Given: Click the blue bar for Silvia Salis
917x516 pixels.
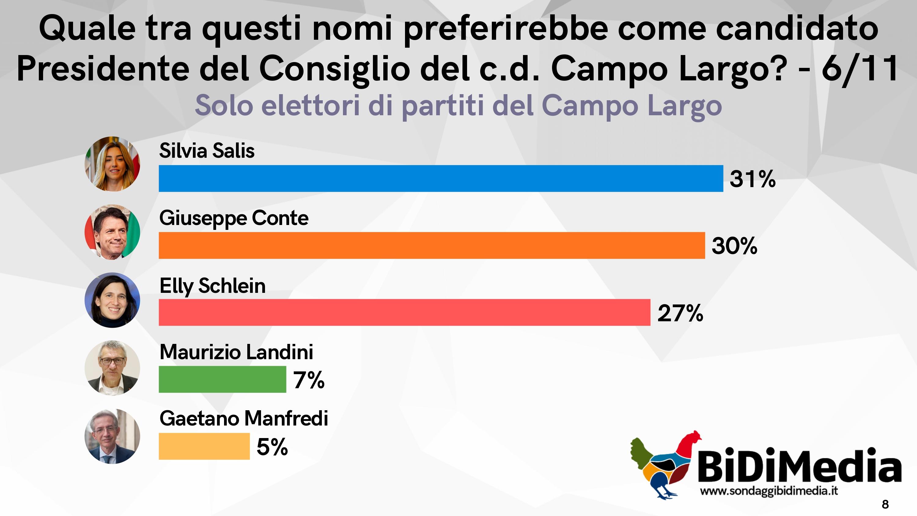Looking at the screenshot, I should tap(441, 179).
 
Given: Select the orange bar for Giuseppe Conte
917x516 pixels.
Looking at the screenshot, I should tap(431, 245).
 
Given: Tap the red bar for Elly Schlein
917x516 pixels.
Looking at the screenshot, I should tap(404, 312).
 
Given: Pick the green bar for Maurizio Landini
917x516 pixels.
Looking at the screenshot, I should tap(222, 379).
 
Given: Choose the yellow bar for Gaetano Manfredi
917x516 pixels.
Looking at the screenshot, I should tap(204, 446).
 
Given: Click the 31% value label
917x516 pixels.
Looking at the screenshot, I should tap(752, 179).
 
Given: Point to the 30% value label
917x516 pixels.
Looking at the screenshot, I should tap(734, 246).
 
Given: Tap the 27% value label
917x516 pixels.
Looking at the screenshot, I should tap(680, 313).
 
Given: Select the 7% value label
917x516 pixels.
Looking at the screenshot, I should tap(309, 380).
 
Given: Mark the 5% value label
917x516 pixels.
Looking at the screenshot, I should tap(272, 447).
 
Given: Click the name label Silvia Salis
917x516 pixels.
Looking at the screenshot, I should tap(207, 151).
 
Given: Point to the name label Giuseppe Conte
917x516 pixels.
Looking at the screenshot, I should tap(234, 218).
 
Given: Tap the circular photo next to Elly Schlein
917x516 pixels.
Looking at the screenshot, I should tap(112, 300).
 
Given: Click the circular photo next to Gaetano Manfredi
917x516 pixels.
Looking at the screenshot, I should tap(112, 436).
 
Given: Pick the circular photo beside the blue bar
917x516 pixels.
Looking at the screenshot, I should tap(112, 164).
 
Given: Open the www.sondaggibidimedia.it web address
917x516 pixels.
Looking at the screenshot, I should tap(768, 491).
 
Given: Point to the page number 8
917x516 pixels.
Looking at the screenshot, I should tap(885, 504).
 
